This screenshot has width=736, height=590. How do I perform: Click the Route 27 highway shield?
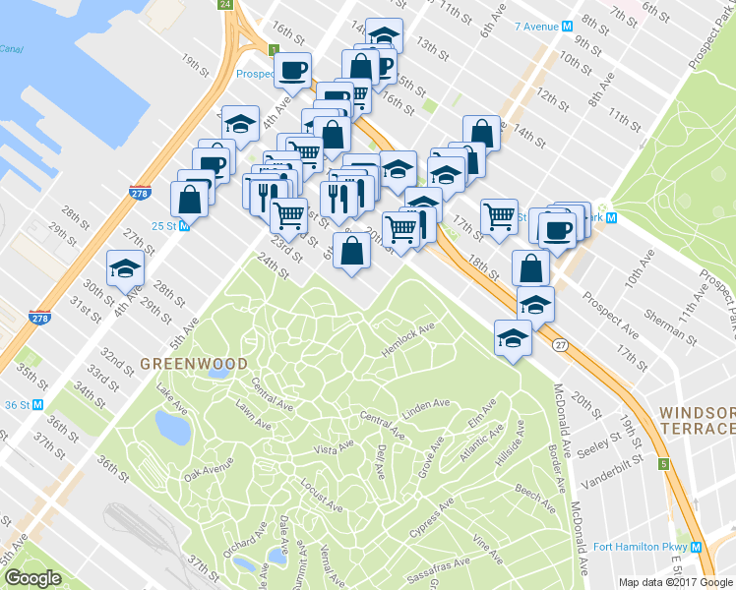[560, 344]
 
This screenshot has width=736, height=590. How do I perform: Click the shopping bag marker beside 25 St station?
[189, 200]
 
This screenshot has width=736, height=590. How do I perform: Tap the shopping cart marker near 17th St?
[500, 215]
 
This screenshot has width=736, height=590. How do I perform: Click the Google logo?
[32, 578]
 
